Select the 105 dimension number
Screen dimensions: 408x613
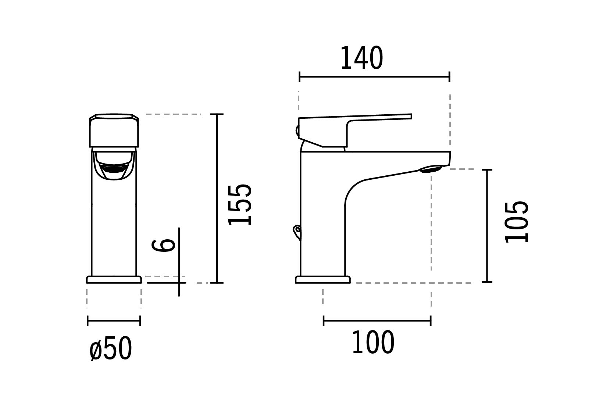pos(517,222)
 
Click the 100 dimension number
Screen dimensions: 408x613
pos(373,343)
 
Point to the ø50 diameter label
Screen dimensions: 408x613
pos(110,349)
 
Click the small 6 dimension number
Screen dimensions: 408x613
pos(164,245)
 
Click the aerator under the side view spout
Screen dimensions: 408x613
pos(430,169)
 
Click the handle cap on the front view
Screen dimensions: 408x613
pos(114,131)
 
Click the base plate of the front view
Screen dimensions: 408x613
pos(114,280)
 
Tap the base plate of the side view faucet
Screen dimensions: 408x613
pos(323,280)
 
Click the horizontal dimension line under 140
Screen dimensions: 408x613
pos(374,77)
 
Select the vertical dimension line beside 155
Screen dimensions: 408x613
pos(217,198)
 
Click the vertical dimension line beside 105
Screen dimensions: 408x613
pos(487,226)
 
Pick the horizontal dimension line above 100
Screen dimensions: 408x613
pos(377,321)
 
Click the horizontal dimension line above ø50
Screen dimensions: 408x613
pos(114,321)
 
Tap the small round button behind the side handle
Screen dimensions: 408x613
pos(297,130)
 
